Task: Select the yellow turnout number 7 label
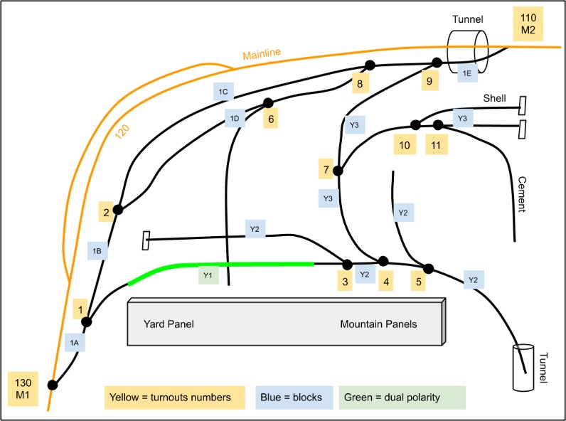coord(326,170)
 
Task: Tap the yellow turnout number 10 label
coord(405,145)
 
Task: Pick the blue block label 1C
coord(223,92)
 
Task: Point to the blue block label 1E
coord(466,72)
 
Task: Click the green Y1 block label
coord(208,275)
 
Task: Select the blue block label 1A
coord(75,343)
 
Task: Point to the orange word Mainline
coord(262,55)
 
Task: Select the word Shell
coord(495,97)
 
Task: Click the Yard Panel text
coord(169,324)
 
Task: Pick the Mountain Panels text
coord(378,324)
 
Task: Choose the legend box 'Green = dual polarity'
coord(402,398)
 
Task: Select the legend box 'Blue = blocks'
coord(294,398)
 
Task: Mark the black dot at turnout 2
coord(118,210)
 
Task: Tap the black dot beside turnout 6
coord(268,102)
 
